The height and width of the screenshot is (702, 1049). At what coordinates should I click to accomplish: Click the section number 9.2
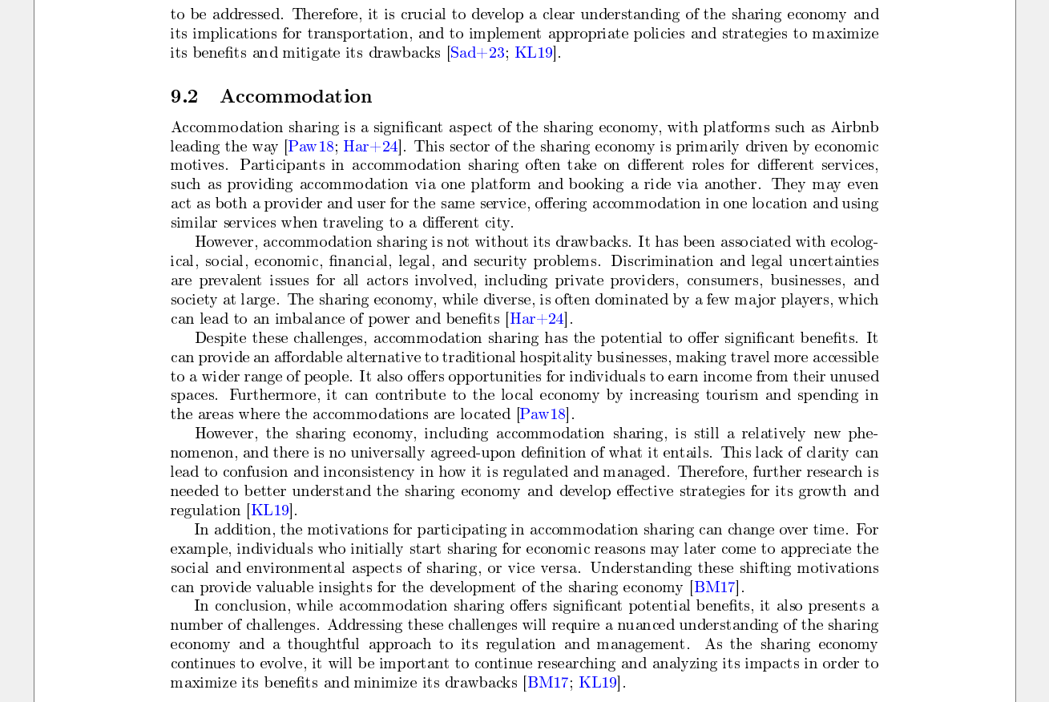point(184,97)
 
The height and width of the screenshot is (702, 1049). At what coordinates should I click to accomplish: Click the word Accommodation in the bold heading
point(296,97)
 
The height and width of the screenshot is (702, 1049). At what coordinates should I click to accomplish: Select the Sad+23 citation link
point(478,53)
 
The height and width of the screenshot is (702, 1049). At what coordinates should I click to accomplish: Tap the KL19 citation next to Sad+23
point(534,53)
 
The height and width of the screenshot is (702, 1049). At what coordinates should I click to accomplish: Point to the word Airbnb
point(854,127)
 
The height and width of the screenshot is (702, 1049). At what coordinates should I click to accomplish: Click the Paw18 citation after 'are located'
point(543,414)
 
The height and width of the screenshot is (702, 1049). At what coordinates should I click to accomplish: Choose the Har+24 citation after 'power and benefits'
point(537,319)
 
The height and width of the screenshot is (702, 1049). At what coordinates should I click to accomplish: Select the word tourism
point(731,395)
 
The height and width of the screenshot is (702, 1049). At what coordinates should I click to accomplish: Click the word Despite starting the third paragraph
point(220,338)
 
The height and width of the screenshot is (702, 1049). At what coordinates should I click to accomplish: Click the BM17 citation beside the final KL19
point(547,683)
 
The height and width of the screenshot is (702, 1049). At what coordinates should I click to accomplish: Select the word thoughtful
point(325,644)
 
